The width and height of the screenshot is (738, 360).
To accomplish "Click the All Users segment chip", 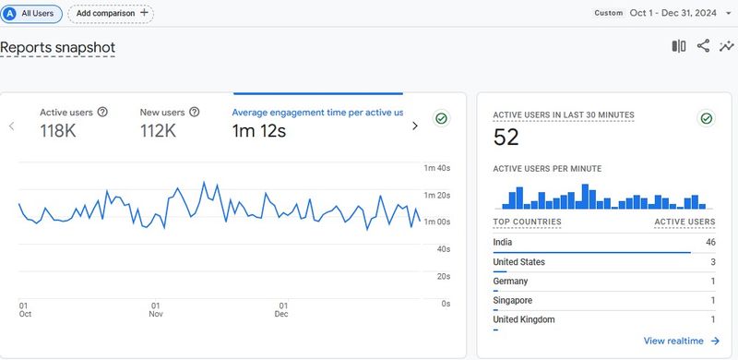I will (x=32, y=14).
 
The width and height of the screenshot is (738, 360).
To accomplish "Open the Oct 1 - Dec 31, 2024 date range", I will (x=674, y=13).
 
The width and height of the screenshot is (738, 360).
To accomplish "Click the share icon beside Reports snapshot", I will (x=703, y=46).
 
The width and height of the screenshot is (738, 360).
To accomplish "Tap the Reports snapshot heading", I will (x=57, y=47).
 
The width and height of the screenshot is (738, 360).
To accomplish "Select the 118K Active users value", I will (x=58, y=131).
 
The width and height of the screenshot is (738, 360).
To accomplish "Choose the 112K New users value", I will (x=158, y=131).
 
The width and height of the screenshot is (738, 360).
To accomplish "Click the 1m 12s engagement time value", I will (x=258, y=131).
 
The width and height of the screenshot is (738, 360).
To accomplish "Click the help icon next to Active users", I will (x=102, y=112).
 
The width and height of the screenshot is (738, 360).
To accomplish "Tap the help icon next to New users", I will (x=195, y=112).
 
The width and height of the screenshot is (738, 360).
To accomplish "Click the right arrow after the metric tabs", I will (x=415, y=126).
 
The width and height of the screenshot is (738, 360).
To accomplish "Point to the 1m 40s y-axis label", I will (x=436, y=168).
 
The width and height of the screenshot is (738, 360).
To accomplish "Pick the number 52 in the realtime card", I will (x=506, y=138).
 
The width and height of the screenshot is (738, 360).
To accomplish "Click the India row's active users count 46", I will (x=710, y=242).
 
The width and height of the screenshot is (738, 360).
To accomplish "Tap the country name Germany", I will (x=510, y=282).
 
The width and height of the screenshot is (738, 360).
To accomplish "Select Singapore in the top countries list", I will (x=513, y=300).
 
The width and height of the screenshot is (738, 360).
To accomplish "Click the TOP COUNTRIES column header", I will (x=527, y=222).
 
